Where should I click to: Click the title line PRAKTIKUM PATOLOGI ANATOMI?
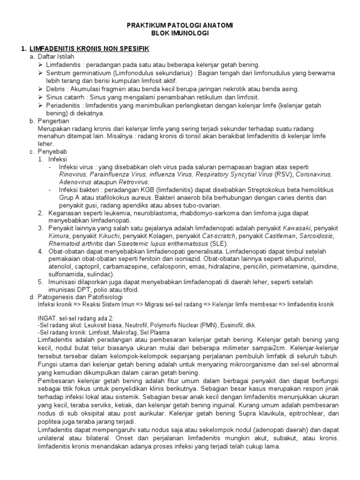coord(180,25)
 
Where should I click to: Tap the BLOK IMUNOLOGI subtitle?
coord(180,33)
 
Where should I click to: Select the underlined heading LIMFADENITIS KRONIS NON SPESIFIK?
coord(89,48)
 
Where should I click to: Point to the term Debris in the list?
coord(57,89)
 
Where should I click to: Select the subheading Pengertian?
coord(54,121)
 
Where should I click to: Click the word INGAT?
coord(47,317)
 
